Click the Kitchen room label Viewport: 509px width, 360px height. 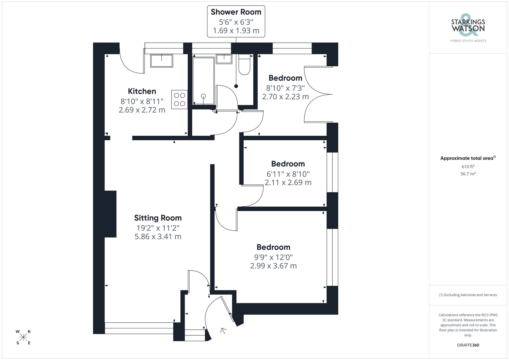tap(142, 91)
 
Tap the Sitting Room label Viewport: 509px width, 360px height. tap(158, 218)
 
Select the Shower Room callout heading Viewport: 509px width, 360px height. tap(236, 12)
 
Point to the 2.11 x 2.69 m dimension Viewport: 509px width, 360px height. tap(288, 182)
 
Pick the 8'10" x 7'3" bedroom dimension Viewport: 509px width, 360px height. tap(285, 88)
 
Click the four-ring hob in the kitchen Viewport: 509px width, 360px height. tap(179, 99)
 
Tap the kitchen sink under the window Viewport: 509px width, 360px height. tap(162, 61)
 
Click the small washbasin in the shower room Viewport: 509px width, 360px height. tap(224, 59)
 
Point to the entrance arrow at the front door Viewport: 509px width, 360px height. tap(223, 330)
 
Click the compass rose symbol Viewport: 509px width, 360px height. tap(23, 337)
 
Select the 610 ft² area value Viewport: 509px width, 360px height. tap(468, 167)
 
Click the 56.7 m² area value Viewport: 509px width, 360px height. tap(468, 174)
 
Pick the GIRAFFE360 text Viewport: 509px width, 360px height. tap(468, 345)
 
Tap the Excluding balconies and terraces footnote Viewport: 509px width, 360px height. tap(468, 295)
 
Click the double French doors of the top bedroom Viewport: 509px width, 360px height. tap(318, 94)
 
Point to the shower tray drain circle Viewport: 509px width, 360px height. tap(203, 96)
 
